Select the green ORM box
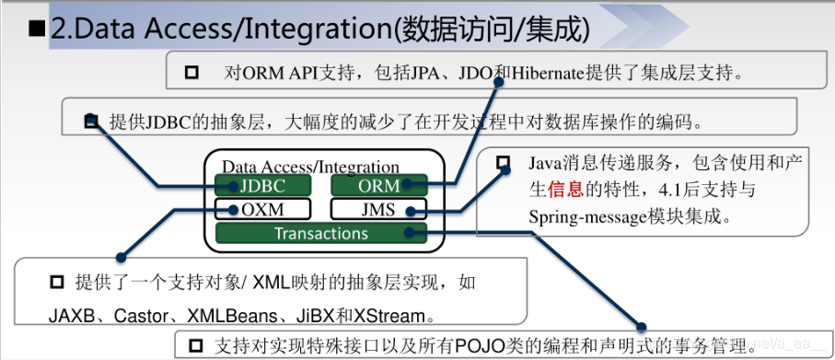378,185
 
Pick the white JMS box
378,209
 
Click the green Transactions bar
320,233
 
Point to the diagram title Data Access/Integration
310,167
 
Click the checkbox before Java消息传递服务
503,163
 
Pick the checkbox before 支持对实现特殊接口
195,346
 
